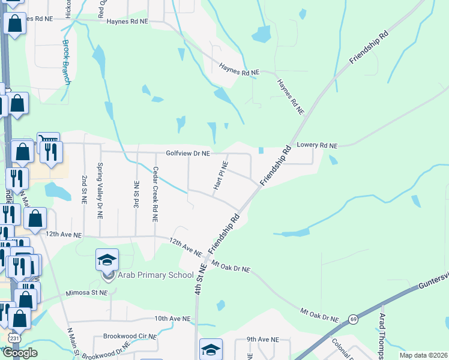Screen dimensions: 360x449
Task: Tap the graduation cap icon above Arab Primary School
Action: coord(107,260)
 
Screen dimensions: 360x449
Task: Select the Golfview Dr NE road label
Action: coord(188,154)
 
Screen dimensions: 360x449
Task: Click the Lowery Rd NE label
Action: coord(318,146)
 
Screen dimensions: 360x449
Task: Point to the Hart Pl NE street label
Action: coord(220,176)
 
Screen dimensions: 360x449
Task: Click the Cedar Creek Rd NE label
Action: coord(155,194)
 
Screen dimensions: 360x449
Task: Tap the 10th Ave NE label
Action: coord(172,319)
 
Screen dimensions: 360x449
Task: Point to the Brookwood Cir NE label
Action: coord(130,337)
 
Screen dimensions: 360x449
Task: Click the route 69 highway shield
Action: coord(354,319)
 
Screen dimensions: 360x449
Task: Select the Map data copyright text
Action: coord(423,355)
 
